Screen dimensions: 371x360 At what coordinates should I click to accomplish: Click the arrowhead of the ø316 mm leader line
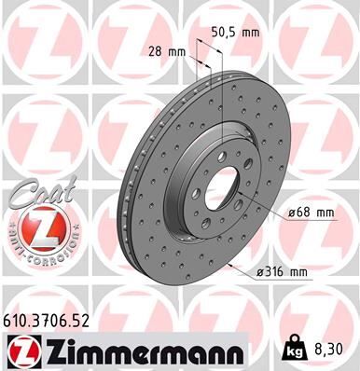(x=228, y=259)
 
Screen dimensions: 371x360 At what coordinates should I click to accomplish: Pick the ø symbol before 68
(x=292, y=213)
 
